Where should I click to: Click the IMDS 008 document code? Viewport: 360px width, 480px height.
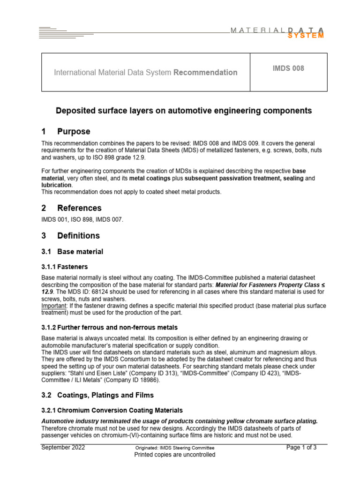pos(288,68)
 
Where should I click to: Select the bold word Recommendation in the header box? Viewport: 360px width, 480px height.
pos(205,73)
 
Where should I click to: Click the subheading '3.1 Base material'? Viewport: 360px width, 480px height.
pos(72,252)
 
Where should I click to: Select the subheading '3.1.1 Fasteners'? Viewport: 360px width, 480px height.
pos(64,267)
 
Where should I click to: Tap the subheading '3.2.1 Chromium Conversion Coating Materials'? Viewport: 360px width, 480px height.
pos(112,410)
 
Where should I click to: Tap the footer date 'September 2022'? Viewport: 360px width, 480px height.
pos(63,448)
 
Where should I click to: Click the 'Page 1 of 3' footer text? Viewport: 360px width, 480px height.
pos(301,448)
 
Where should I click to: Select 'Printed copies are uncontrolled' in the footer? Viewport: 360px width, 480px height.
pos(175,455)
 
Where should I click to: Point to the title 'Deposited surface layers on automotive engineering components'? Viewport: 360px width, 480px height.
pos(184,111)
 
